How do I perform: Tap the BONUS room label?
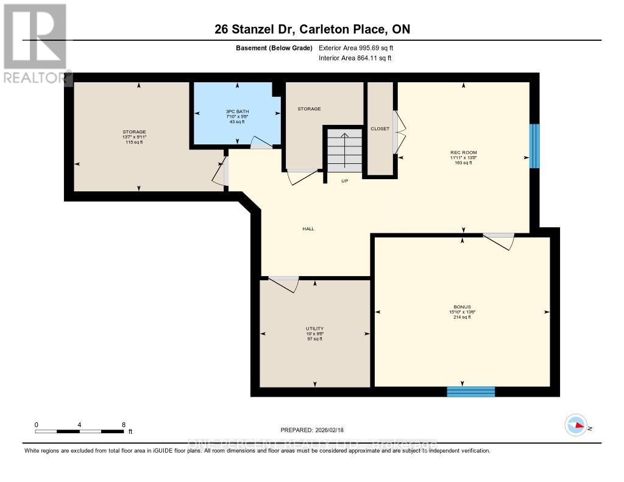[x=462, y=307]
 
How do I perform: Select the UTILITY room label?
[x=314, y=329]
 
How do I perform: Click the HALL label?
[x=308, y=229]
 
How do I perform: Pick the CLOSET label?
[x=380, y=129]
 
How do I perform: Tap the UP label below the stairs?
[x=344, y=181]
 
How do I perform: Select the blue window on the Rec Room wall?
[x=534, y=146]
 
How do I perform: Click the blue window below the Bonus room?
[x=470, y=391]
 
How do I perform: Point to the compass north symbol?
[x=575, y=425]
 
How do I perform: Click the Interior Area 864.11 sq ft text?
[x=355, y=58]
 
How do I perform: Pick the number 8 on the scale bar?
[x=124, y=425]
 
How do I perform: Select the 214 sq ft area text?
[x=462, y=317]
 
